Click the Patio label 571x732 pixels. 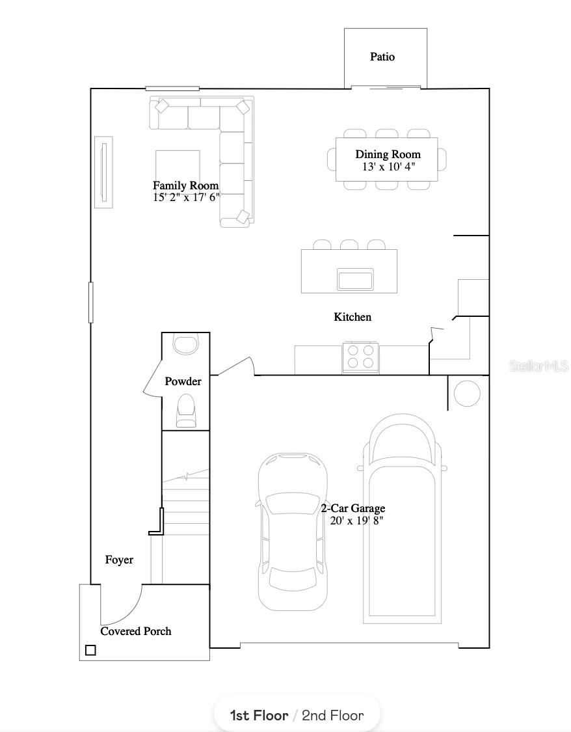point(382,57)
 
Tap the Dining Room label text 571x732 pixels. point(388,154)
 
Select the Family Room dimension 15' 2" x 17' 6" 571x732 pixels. point(187,198)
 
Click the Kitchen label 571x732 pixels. point(352,317)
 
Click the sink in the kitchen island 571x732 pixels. point(355,280)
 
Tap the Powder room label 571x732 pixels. point(183,381)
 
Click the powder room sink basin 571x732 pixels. point(187,344)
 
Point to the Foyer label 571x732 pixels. point(119,560)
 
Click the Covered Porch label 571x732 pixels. point(136,631)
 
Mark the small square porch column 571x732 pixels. point(90,650)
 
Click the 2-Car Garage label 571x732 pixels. point(352,508)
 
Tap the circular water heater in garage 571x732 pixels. point(466,394)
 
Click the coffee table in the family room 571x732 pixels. point(178,167)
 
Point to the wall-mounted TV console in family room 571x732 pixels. point(103,172)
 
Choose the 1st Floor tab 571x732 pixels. point(259,716)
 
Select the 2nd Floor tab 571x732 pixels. point(332,716)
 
